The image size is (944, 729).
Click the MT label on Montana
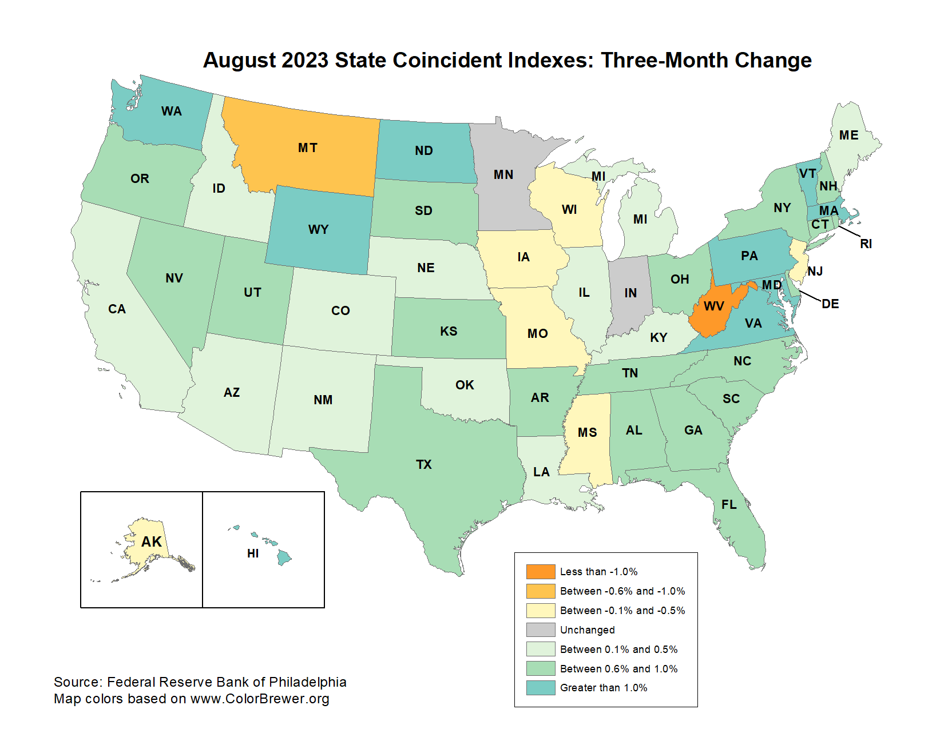coord(307,148)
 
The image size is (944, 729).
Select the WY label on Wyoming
coord(318,230)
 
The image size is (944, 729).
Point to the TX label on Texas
coord(424,464)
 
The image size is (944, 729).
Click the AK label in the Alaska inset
coord(152,541)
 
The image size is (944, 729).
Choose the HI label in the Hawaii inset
coord(253,553)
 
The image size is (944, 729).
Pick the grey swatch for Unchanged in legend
coord(541,630)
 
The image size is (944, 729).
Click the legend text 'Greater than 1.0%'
coord(604,688)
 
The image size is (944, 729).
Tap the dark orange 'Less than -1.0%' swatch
coord(541,571)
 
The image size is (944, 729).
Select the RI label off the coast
coord(866,244)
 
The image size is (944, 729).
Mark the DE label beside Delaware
coord(830,304)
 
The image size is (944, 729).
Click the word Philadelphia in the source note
coord(308,682)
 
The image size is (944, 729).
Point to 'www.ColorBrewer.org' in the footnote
coord(260,699)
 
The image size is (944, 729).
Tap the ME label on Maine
coord(848,136)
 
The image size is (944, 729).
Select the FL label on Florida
coord(729,504)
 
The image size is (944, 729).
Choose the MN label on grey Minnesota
coord(503,175)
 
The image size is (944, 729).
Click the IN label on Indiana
coord(630,293)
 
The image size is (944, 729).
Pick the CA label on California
coord(117,309)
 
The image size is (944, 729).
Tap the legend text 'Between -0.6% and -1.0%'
coord(622,591)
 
